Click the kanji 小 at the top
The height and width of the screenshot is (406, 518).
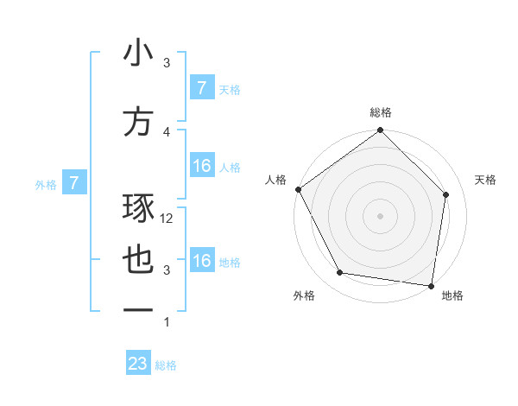pos(138,54)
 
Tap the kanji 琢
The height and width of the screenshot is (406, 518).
pos(138,207)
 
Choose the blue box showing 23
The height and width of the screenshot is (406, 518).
pos(138,364)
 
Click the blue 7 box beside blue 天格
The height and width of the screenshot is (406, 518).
pos(201,87)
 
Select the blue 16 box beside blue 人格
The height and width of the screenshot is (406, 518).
pos(201,166)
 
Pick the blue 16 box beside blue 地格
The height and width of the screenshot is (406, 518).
pos(201,261)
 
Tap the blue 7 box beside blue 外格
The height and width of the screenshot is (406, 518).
pos(74,183)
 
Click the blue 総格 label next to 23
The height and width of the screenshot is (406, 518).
pos(166,365)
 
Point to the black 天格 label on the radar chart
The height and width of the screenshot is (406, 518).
pos(485,180)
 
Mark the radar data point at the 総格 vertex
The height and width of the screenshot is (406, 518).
pos(380,130)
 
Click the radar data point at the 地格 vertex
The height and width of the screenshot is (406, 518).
pos(431,285)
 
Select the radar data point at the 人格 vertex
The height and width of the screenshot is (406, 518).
pos(298,189)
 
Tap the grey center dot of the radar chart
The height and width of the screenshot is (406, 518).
pos(380,215)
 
